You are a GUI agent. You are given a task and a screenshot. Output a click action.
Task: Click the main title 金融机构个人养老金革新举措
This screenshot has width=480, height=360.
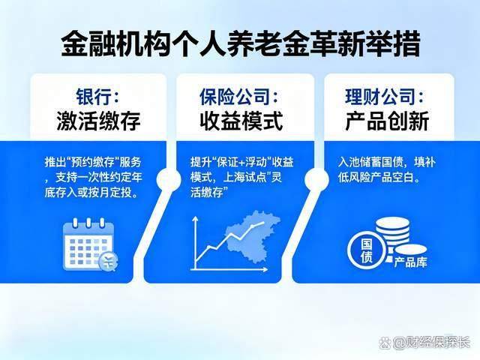pyautogui.click(x=240, y=43)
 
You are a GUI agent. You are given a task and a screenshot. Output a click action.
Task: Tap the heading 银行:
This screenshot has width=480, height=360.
pyautogui.click(x=97, y=96)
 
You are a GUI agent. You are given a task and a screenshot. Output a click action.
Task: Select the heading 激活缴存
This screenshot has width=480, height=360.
pyautogui.click(x=97, y=120)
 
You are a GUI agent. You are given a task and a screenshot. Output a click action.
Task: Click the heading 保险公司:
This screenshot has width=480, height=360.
pyautogui.click(x=238, y=96)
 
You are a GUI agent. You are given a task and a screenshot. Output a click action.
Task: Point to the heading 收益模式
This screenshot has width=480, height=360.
pyautogui.click(x=238, y=120)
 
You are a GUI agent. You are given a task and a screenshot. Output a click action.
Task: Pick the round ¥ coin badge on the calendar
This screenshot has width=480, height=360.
pyautogui.click(x=109, y=262)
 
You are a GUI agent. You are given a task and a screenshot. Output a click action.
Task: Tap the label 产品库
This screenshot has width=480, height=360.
pyautogui.click(x=410, y=263)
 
